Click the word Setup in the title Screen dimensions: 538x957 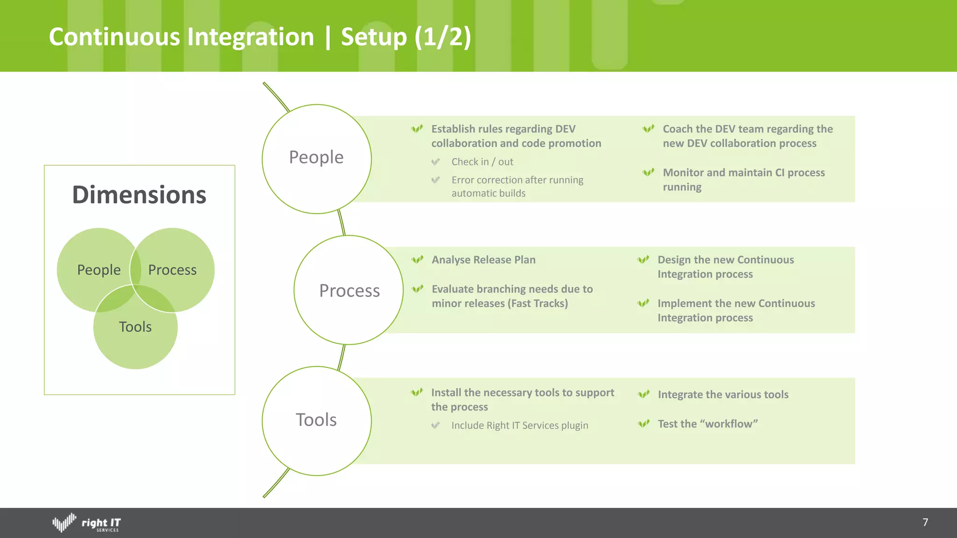[x=373, y=37]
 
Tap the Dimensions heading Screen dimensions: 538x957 [x=139, y=195]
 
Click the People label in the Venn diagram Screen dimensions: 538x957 [x=99, y=270]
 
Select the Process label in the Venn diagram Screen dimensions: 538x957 [x=172, y=270]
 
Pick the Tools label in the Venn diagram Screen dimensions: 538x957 [x=135, y=327]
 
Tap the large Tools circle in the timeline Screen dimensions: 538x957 [x=316, y=420]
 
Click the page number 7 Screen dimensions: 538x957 [x=925, y=522]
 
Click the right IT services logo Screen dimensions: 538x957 [x=87, y=523]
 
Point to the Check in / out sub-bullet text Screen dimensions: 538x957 [x=482, y=162]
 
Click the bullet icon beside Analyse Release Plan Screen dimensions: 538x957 [x=417, y=260]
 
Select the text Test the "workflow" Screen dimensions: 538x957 [x=707, y=424]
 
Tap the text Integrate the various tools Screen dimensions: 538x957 [x=723, y=395]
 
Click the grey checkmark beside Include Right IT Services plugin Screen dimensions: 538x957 [x=436, y=425]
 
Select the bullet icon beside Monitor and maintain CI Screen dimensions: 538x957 [x=649, y=172]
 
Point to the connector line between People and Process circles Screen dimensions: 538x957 [x=342, y=223]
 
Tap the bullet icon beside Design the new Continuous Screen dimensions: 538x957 [x=643, y=260]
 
